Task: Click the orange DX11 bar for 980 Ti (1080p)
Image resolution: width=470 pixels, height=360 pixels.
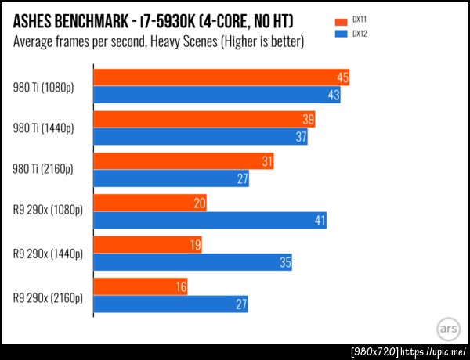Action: [221, 77]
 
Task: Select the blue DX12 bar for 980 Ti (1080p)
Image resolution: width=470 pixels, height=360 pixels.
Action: [217, 95]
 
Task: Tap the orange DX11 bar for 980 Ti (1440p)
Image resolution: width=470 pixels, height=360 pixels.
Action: [205, 120]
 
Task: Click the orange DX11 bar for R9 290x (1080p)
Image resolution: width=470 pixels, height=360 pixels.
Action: [150, 203]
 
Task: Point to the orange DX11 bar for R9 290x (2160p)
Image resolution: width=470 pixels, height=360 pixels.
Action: [142, 287]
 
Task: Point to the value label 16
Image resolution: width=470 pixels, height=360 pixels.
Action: [182, 287]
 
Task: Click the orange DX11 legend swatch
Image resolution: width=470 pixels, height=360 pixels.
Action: [339, 21]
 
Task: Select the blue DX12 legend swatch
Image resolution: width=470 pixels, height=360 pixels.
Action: [339, 34]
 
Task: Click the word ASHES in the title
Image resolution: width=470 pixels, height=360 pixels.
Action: [38, 19]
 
